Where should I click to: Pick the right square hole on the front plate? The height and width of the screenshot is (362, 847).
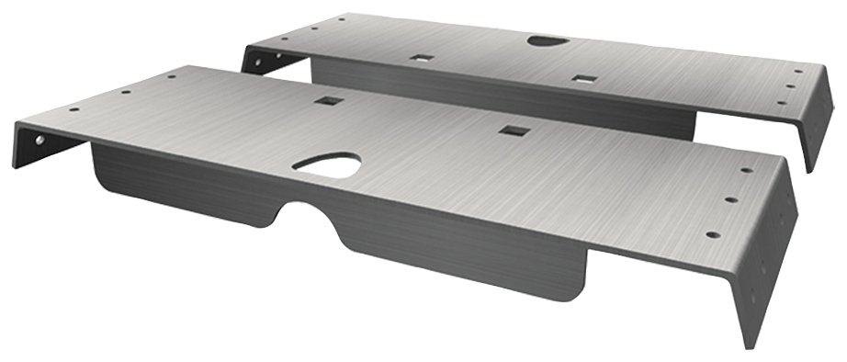click(x=511, y=131)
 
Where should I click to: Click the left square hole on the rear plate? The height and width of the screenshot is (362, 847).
click(x=423, y=57)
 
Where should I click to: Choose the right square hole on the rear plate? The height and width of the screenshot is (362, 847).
click(x=582, y=79)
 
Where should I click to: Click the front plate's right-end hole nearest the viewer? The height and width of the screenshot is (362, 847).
click(x=710, y=234)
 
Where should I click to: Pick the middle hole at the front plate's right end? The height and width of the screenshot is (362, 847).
click(x=731, y=198)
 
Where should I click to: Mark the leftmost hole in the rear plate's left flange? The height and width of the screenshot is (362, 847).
click(x=256, y=63)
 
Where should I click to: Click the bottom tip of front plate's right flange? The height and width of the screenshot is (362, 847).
click(x=751, y=346)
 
